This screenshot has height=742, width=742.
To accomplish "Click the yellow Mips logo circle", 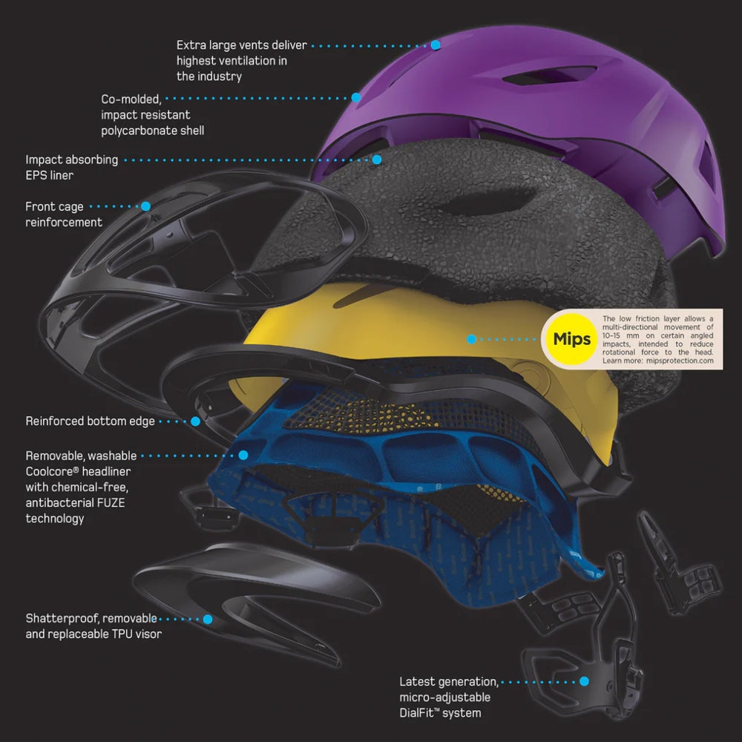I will (572, 339).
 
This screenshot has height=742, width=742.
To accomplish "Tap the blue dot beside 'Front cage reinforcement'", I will (145, 206).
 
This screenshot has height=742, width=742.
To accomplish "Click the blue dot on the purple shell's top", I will (436, 45).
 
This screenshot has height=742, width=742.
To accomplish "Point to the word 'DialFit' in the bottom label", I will (424, 713).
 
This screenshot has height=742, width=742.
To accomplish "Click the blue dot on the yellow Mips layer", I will (471, 339).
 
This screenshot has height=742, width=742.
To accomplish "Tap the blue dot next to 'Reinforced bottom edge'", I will (196, 421).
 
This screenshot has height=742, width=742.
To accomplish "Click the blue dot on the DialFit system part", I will (584, 681).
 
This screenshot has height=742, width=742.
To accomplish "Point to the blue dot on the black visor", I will (208, 619).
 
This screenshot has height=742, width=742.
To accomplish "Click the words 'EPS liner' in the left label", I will (50, 175).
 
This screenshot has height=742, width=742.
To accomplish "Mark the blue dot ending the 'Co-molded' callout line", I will (356, 97).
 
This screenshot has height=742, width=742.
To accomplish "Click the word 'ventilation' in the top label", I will (244, 61).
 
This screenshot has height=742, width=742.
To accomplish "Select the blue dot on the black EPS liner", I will (377, 159).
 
